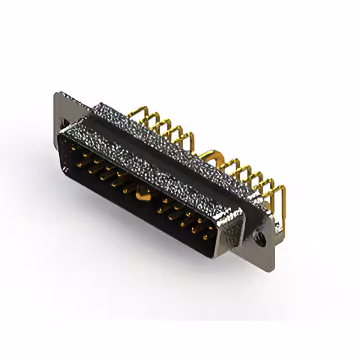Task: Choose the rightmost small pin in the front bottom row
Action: (208, 237)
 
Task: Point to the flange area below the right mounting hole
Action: (264, 253)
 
